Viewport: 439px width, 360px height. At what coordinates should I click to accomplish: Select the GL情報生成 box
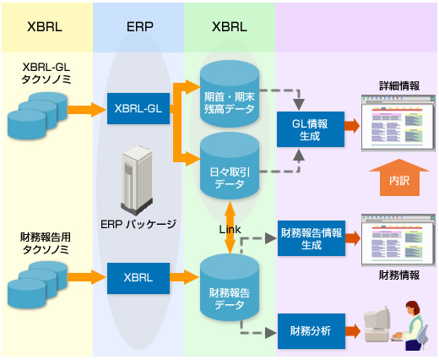[x=311, y=128]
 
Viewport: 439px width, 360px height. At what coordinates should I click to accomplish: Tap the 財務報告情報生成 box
[x=312, y=238]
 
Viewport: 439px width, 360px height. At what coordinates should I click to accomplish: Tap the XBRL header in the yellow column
[x=45, y=26]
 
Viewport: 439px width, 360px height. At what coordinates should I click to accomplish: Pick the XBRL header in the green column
[x=230, y=26]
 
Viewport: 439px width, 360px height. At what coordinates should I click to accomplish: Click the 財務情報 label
[x=399, y=275]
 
